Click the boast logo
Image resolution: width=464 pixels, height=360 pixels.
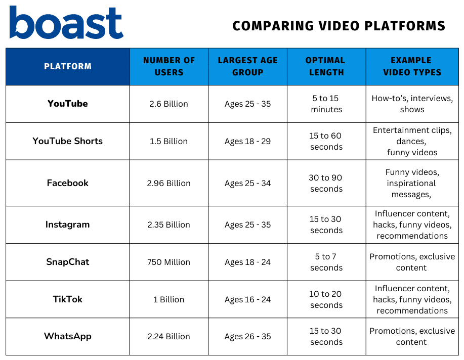(66, 22)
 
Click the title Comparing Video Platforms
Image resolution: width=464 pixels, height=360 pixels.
(339, 26)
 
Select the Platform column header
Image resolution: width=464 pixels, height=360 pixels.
(68, 66)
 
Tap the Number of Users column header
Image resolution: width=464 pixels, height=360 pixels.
(169, 66)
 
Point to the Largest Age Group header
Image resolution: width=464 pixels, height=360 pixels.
(247, 66)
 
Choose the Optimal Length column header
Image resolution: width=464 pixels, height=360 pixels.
(326, 66)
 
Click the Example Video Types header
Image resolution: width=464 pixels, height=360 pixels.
(412, 66)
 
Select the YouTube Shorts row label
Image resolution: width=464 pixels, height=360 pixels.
(68, 141)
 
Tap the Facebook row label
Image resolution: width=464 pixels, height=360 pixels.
(68, 183)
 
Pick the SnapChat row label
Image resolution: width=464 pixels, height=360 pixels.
(68, 262)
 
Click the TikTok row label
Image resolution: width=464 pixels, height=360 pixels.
(68, 299)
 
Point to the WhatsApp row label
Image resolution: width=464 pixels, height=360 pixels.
(68, 336)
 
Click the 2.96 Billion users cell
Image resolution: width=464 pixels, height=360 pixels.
(168, 184)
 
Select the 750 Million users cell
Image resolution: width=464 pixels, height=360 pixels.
(168, 262)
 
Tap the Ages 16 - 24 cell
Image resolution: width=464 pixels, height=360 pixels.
(247, 300)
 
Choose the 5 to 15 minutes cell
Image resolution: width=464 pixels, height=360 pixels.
(326, 104)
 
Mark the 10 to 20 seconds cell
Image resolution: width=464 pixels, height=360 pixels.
(326, 299)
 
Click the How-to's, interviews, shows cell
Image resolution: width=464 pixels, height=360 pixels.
(412, 104)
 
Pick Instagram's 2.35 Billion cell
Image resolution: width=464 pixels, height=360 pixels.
(168, 225)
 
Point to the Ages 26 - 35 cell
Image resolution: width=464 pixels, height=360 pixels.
(247, 337)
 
